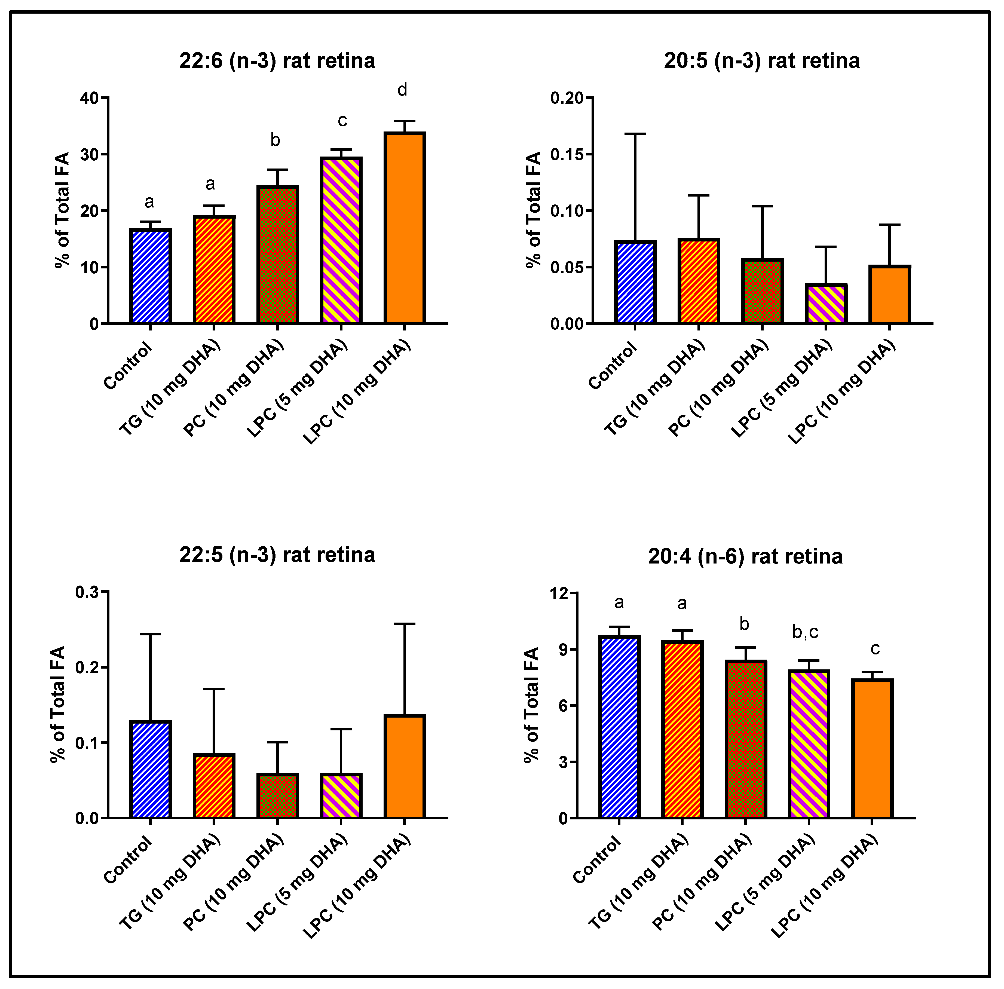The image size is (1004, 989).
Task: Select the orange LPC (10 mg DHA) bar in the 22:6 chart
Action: click(x=405, y=229)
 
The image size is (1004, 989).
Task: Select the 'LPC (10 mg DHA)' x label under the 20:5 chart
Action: click(x=841, y=392)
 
